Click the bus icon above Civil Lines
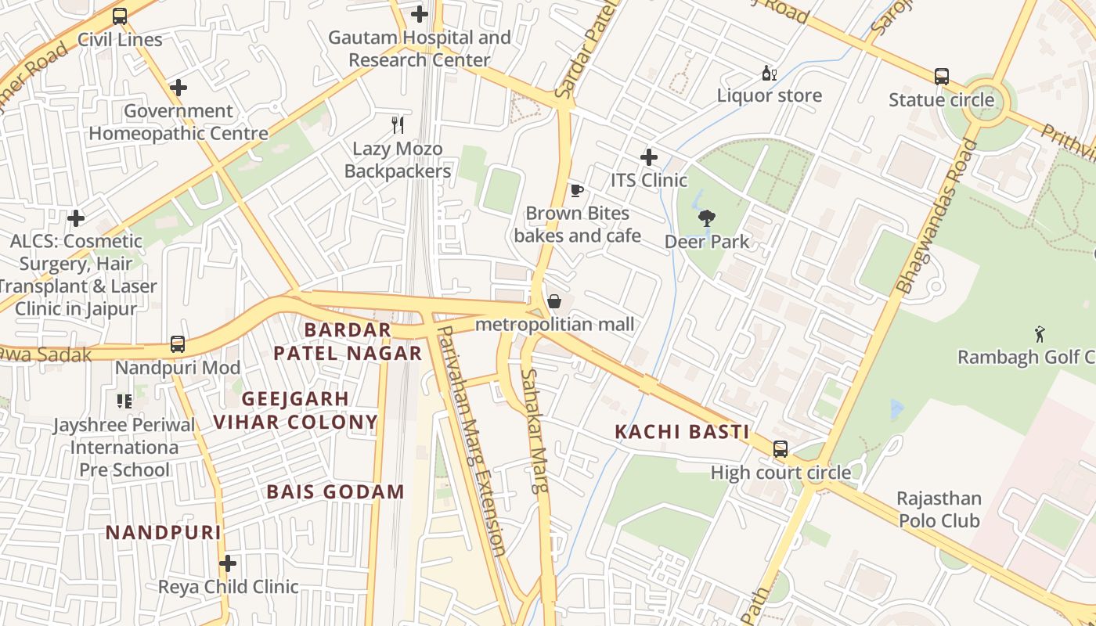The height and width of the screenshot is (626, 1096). click(x=120, y=16)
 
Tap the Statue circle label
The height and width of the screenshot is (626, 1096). click(x=941, y=100)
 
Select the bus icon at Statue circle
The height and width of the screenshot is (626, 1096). click(x=941, y=77)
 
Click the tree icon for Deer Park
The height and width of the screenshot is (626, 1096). click(x=706, y=218)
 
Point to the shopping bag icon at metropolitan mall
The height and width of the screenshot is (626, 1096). click(x=554, y=301)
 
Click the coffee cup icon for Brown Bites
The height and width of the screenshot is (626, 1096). click(x=577, y=190)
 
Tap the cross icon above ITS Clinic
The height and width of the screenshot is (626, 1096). click(x=648, y=157)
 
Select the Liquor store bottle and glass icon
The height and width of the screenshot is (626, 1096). click(x=769, y=74)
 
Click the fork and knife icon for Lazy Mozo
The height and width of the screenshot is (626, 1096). click(x=398, y=124)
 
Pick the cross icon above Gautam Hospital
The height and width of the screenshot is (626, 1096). click(x=420, y=14)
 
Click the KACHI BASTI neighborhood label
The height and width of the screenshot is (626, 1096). click(x=682, y=432)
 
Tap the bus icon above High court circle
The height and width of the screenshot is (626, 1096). click(x=781, y=449)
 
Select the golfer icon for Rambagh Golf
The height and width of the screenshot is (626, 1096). click(x=1040, y=334)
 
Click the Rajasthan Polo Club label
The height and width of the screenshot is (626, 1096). click(x=939, y=509)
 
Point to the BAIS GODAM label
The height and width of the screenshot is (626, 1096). click(x=335, y=492)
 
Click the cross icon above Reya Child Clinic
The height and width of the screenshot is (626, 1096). click(x=228, y=563)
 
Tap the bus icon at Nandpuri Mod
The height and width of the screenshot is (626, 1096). click(x=178, y=344)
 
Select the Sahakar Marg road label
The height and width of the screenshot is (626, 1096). click(x=535, y=430)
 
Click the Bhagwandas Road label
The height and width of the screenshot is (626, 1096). click(x=938, y=217)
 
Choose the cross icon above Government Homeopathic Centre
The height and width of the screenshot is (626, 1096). click(x=178, y=88)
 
